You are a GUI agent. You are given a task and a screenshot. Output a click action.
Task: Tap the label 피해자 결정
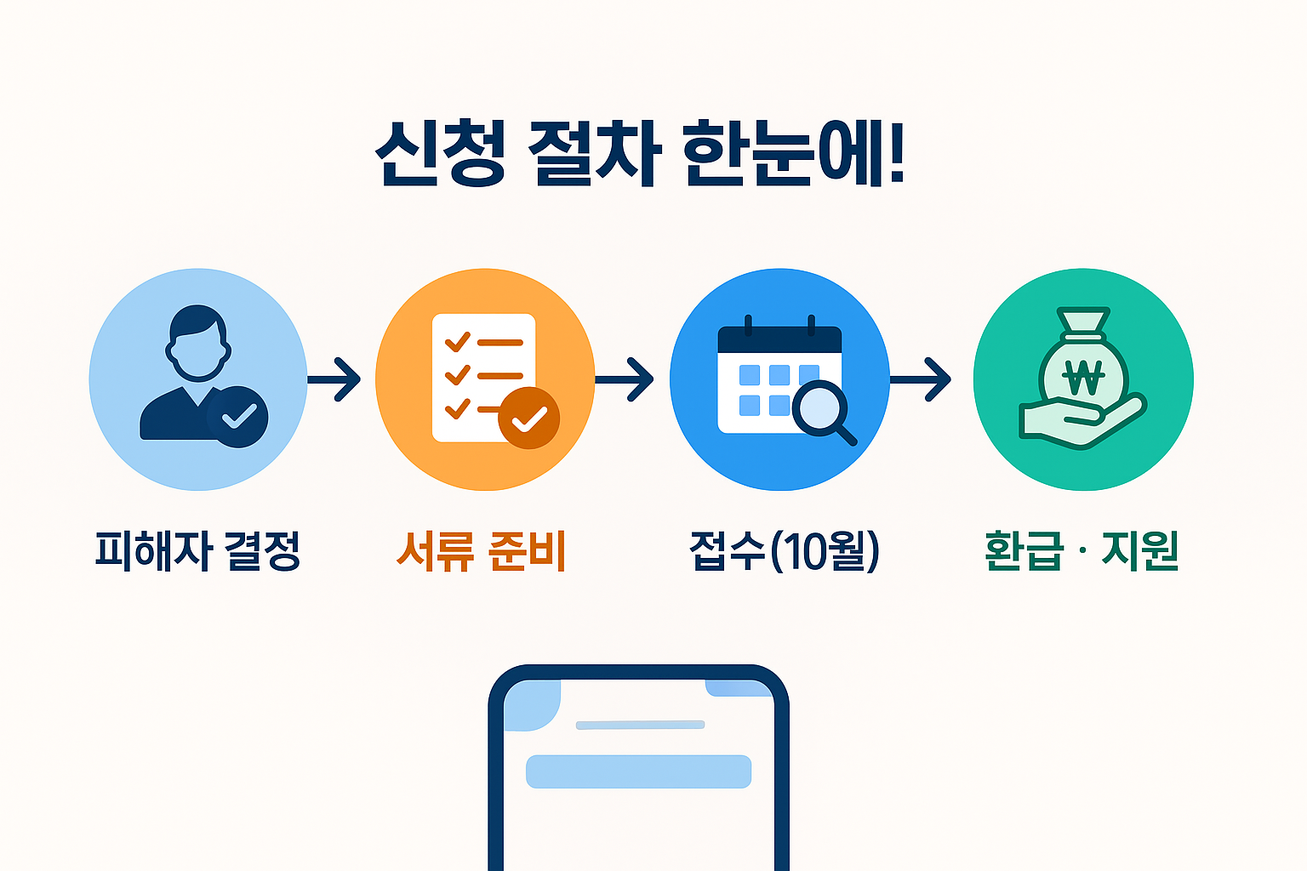click(197, 550)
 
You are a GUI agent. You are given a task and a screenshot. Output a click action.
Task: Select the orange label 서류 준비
click(482, 550)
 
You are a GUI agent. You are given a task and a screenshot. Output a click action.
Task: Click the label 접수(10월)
click(784, 550)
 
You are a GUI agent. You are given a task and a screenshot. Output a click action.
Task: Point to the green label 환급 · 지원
click(1081, 550)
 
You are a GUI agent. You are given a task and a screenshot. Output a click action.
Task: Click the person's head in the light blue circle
click(198, 342)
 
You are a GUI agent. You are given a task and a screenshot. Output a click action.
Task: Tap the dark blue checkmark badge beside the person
click(239, 417)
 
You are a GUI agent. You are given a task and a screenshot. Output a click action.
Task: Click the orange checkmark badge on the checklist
click(528, 418)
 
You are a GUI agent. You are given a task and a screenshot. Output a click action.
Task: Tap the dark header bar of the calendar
click(779, 341)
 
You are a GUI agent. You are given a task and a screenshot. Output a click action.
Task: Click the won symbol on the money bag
click(1083, 376)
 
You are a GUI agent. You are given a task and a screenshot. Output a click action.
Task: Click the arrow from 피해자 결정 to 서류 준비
click(335, 379)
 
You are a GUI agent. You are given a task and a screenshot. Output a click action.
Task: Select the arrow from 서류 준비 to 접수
click(626, 379)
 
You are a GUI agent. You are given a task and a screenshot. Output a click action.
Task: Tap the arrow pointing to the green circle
click(922, 379)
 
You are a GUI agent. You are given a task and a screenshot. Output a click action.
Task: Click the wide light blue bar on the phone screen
click(638, 771)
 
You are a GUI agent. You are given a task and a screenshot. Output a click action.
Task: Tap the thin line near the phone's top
click(640, 725)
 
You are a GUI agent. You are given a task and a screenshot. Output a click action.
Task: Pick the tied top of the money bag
click(1083, 323)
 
